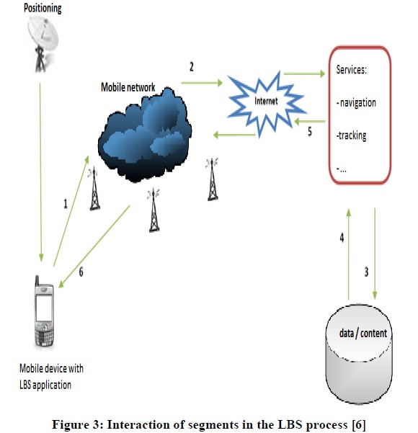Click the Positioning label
pos(43,8)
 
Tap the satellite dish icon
pos(43,44)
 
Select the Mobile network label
pos(128,87)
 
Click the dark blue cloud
pos(145,135)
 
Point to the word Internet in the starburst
pos(266,101)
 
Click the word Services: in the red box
pos(352,70)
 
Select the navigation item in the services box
pos(357,103)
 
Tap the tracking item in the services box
pos(352,135)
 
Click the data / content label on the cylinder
pos(363,334)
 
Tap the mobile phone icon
pos(44,311)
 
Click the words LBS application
pos(45,385)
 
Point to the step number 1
pos(66,204)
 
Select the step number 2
pos(192,67)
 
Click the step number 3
pos(366,272)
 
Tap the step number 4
pos(342,238)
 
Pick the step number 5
pos(310,131)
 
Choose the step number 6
pos(81,272)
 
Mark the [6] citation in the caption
pos(359,424)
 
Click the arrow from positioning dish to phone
pos(40,171)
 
